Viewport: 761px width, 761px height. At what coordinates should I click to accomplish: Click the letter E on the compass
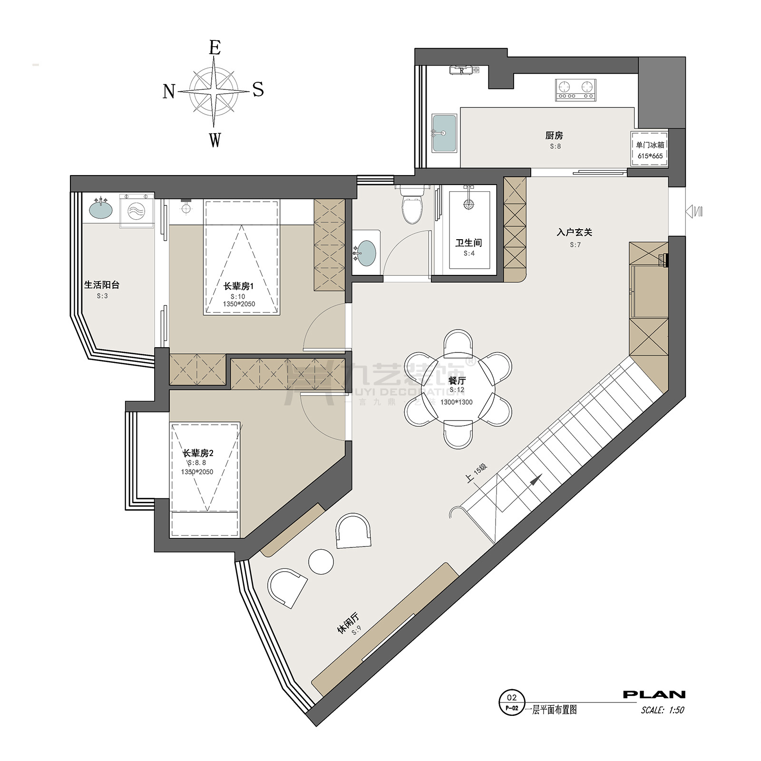click(215, 48)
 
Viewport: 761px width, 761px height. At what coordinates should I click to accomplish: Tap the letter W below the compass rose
click(215, 140)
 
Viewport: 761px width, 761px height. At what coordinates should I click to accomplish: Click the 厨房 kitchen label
click(554, 136)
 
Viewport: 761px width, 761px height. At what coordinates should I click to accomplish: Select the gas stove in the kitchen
click(576, 89)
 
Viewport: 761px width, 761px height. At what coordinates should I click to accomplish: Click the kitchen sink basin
click(444, 133)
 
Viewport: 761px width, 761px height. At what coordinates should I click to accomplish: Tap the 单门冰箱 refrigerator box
click(650, 149)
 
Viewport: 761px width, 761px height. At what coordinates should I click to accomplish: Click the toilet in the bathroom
click(412, 205)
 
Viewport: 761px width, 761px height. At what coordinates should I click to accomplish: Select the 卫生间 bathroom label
click(468, 243)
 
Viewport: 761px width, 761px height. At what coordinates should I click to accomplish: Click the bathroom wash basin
click(366, 252)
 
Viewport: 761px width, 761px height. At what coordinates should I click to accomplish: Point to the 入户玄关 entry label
click(575, 233)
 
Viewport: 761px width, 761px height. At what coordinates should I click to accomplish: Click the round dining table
click(458, 389)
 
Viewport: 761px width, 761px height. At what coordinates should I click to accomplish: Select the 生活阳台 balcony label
click(102, 285)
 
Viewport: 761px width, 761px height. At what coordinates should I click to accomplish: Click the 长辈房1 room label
click(239, 286)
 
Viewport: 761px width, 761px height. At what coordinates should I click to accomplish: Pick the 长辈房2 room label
click(198, 453)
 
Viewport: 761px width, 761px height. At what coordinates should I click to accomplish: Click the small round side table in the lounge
click(321, 561)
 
